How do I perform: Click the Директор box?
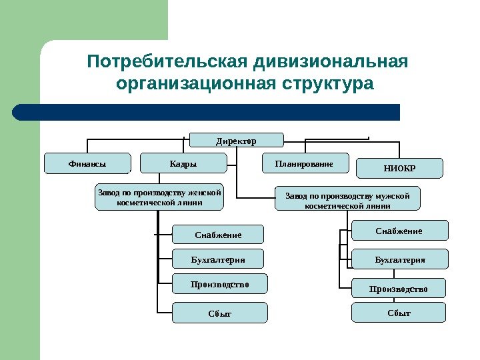[237, 140]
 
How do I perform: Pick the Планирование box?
[304, 163]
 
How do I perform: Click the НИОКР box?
[399, 168]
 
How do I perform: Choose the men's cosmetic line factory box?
[347, 199]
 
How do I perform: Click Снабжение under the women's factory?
[218, 235]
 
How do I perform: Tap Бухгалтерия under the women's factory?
[218, 259]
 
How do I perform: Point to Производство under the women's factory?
[219, 284]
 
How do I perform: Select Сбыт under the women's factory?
[219, 313]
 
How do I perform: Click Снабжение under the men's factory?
[399, 231]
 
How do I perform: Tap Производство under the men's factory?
[398, 288]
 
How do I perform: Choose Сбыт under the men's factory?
[398, 312]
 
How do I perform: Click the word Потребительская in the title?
[168, 63]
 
